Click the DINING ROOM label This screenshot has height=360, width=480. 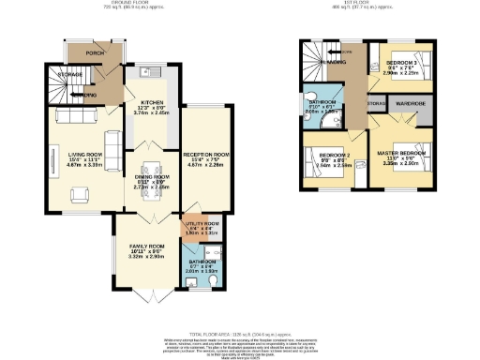[x=151, y=177]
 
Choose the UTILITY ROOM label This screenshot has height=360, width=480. [x=204, y=224]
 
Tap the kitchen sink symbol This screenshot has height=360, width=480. [x=143, y=73]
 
